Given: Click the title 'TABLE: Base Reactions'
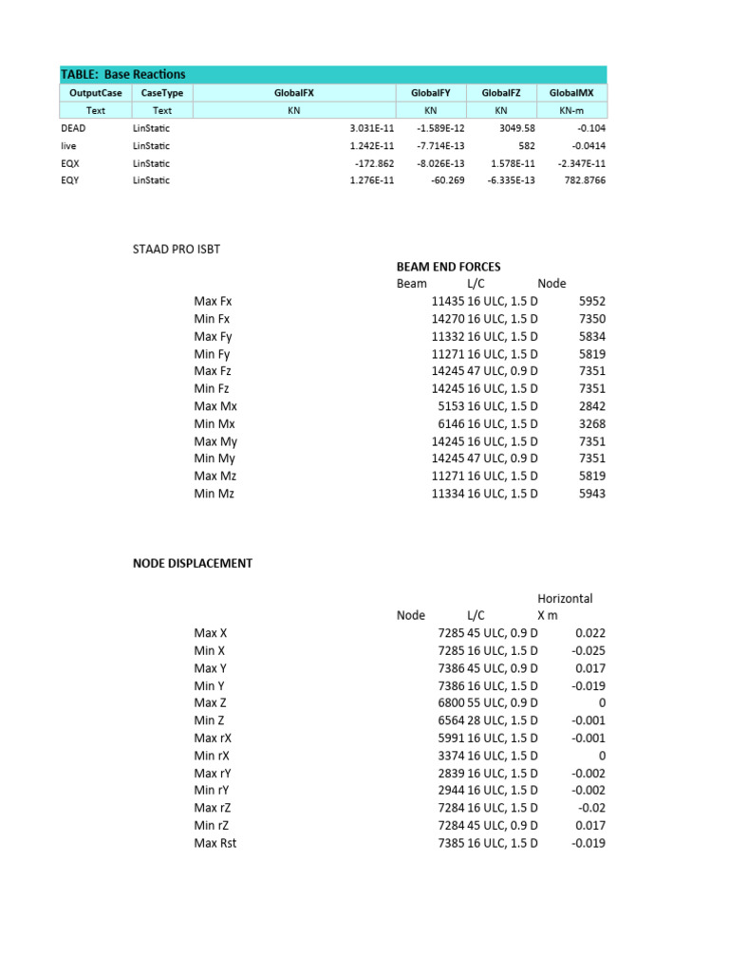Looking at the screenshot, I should click(x=123, y=74).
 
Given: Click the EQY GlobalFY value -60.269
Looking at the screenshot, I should click(x=443, y=180).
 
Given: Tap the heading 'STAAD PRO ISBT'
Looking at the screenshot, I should click(x=181, y=249).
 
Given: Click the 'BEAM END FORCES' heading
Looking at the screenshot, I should click(x=448, y=267).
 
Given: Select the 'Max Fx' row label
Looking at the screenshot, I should click(x=213, y=301).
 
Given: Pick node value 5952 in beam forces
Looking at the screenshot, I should click(x=591, y=301).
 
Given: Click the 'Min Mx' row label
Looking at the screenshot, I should click(x=214, y=423).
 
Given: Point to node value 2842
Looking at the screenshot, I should click(x=591, y=406).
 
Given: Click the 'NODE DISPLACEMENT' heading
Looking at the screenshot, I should click(x=192, y=563).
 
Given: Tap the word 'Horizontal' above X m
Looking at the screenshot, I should click(x=565, y=598).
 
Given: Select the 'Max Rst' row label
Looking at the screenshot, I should click(x=215, y=843).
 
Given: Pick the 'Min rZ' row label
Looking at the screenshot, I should click(x=213, y=826).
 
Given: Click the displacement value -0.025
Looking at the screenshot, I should click(x=589, y=650).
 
